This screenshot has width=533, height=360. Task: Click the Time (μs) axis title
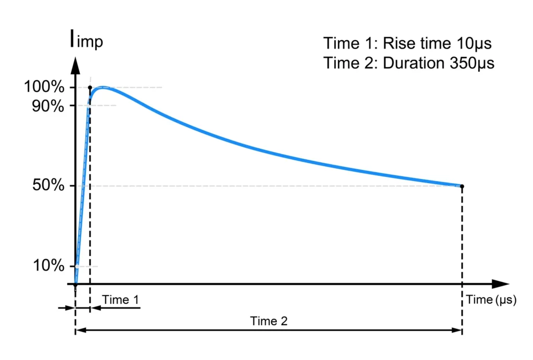491,300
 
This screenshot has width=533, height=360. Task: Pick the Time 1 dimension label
121,300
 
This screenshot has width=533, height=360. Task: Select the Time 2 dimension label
269,322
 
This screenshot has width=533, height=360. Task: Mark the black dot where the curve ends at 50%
462,186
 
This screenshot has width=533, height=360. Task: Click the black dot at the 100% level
90,87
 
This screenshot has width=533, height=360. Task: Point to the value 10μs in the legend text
474,42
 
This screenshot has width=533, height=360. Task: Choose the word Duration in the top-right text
410,63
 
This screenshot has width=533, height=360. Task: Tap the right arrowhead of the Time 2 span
458,330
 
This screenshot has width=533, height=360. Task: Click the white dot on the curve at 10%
77,266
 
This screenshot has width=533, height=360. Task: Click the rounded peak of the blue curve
104,87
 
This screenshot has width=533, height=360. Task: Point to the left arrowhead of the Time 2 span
80,330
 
